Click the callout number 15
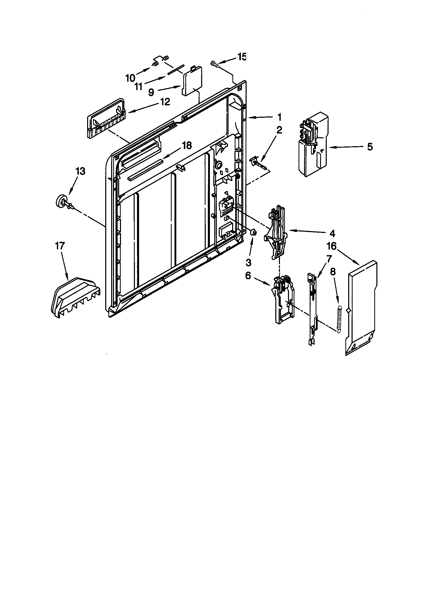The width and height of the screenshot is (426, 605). point(242,57)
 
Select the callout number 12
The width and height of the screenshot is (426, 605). point(165,102)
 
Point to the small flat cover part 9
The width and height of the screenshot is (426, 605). point(192,80)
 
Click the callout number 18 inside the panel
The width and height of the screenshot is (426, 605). point(187,145)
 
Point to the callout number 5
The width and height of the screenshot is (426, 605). point(370,147)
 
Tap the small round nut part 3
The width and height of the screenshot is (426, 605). point(253,232)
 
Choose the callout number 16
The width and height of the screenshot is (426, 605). point(331,246)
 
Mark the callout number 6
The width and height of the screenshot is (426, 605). point(248,276)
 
